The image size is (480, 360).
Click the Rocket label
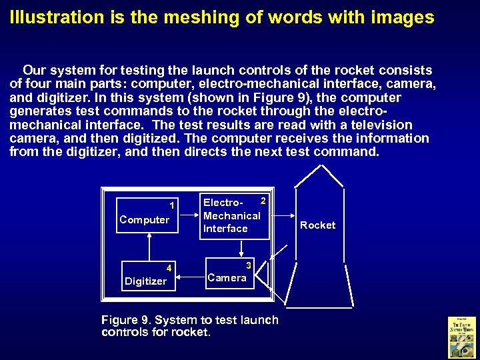click(317, 225)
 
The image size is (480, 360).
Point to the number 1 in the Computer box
click(172, 205)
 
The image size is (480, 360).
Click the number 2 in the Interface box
click(263, 201)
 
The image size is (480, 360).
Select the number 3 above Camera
click(247, 265)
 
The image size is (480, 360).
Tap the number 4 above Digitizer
click(169, 269)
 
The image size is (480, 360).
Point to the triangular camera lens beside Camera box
click(264, 273)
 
